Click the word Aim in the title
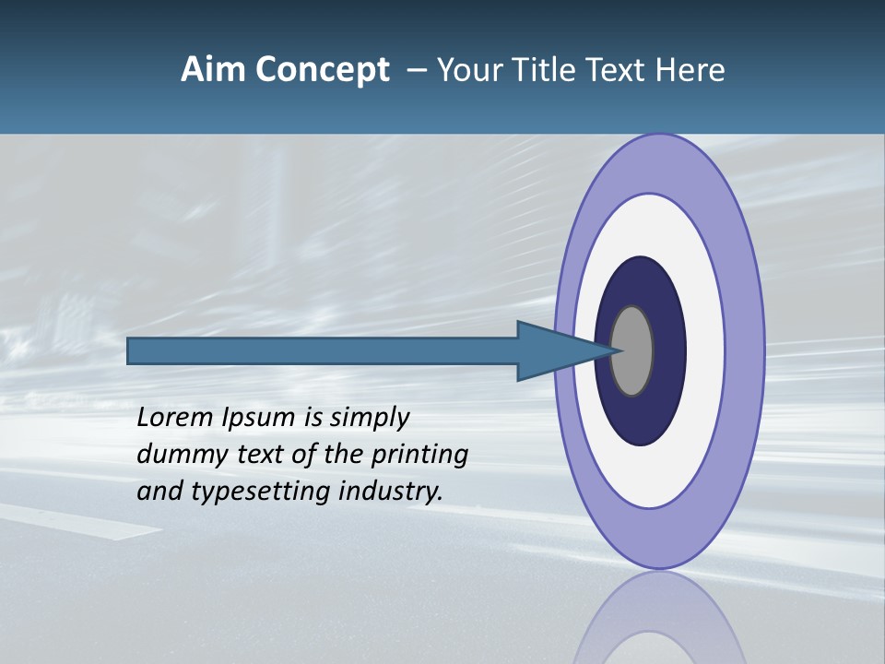point(213,70)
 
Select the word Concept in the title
point(322,70)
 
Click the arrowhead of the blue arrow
point(562,350)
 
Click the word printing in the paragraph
point(419,455)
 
